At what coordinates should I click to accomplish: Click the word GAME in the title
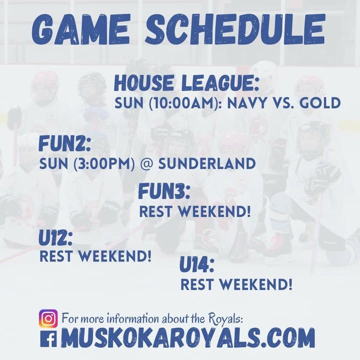point(81,29)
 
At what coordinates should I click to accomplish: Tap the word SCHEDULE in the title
point(235,29)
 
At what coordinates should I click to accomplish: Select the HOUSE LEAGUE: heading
point(186,83)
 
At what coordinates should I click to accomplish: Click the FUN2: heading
point(64,143)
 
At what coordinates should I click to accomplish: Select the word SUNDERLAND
point(207,163)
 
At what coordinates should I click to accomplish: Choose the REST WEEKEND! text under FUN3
point(195,211)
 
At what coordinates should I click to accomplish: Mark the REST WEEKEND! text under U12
point(95,256)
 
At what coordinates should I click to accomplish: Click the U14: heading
point(197,265)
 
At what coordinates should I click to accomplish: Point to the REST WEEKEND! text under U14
point(236,284)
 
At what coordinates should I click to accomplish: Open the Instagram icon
point(48,318)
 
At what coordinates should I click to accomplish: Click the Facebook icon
point(48,338)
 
